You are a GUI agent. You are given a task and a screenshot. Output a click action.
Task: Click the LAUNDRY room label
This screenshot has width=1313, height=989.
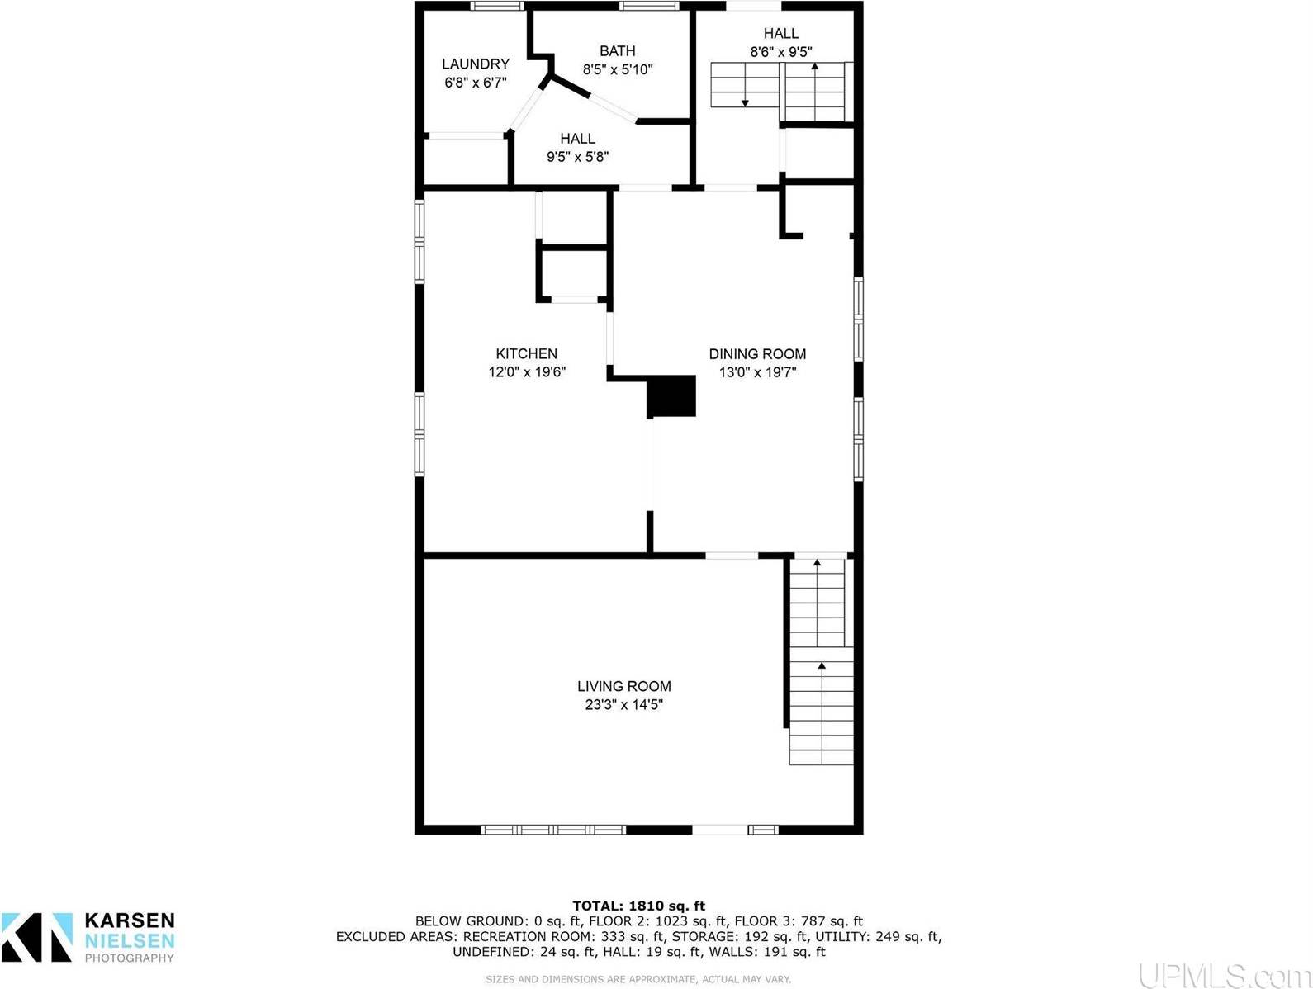[475, 64]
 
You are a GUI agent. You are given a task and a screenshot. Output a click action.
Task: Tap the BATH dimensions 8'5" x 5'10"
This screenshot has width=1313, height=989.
[618, 70]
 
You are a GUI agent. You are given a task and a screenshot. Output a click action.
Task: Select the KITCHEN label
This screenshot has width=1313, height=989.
[526, 353]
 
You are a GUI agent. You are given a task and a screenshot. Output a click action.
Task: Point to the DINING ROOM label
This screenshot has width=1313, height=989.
[757, 353]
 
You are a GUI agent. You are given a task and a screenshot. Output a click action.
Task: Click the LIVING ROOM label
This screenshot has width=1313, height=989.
[623, 686]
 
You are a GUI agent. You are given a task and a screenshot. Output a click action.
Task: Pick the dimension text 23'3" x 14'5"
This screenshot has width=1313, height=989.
[623, 705]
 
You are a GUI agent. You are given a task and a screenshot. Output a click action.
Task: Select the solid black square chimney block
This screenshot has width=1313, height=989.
[671, 395]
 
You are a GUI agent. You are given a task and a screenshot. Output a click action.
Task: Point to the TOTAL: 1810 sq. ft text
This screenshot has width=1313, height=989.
[638, 906]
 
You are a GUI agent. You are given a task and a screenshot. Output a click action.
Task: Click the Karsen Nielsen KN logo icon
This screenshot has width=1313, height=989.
[37, 936]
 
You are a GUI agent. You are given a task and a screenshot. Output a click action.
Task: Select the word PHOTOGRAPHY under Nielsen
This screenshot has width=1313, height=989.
[130, 958]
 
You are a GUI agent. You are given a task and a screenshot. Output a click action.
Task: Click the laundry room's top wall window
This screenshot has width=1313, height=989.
[497, 7]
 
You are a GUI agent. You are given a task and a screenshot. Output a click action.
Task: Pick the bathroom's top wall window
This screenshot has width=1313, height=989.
[649, 7]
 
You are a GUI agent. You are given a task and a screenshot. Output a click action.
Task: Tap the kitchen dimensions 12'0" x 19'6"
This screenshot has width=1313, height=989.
[526, 372]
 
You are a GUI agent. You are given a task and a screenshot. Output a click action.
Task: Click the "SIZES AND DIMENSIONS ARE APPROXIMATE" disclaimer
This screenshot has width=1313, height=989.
[638, 979]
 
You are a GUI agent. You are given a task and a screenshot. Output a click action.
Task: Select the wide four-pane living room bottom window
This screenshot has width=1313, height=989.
[553, 830]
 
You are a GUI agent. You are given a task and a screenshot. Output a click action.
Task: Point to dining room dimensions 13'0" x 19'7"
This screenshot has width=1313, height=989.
[757, 372]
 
